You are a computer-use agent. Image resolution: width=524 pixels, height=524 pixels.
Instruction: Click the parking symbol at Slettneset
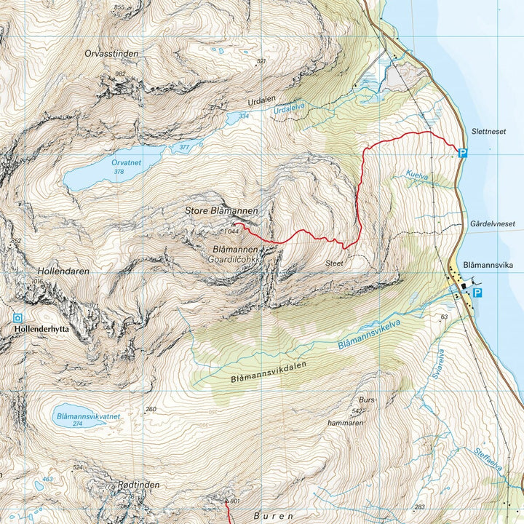pyautogui.click(x=461, y=152)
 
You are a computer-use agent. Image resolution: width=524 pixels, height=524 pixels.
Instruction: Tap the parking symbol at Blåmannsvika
pyautogui.click(x=477, y=293)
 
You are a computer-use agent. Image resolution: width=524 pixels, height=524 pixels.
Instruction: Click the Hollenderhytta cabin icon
pyautogui.click(x=17, y=317)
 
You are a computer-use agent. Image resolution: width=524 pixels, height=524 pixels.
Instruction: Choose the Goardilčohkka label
pyautogui.click(x=234, y=258)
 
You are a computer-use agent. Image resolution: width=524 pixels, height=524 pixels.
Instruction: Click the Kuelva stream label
pyautogui.click(x=418, y=176)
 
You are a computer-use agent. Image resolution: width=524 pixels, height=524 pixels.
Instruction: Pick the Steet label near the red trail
pyautogui.click(x=334, y=263)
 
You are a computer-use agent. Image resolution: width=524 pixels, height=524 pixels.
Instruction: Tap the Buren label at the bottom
pyautogui.click(x=274, y=515)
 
